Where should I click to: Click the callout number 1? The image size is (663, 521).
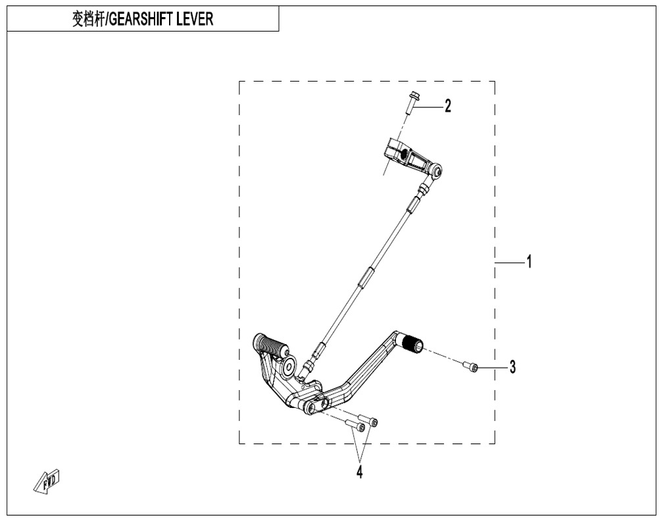(529, 262)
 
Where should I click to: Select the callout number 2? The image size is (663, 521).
(448, 106)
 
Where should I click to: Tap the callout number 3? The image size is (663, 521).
(512, 366)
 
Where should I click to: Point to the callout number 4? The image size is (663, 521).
(359, 472)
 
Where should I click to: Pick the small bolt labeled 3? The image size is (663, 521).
(470, 366)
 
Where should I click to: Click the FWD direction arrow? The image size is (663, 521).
(47, 481)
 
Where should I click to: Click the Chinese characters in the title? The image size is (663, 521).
(88, 20)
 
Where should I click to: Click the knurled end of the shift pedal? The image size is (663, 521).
(412, 341)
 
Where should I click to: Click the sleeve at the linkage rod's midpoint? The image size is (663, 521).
(366, 277)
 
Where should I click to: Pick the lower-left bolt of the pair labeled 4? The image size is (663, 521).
(355, 424)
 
